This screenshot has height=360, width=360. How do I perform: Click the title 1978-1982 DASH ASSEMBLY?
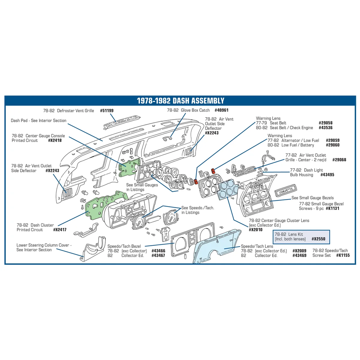click(x=180, y=100)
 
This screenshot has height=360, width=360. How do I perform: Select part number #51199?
click(x=107, y=111)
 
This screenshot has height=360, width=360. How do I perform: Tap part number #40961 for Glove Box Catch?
click(x=221, y=110)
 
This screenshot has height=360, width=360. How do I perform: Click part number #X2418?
click(x=55, y=140)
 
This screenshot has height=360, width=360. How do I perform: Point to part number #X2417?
click(x=60, y=230)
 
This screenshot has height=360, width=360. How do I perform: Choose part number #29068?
click(x=339, y=160)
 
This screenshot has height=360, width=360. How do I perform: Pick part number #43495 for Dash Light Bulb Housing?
click(x=327, y=175)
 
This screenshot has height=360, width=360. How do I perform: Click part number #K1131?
click(x=332, y=208)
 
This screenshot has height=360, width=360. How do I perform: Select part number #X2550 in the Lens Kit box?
click(x=319, y=239)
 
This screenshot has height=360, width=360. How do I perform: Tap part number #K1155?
click(x=343, y=255)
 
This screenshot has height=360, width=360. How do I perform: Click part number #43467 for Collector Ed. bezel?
click(x=158, y=256)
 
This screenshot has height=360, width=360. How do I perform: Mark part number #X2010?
click(x=256, y=230)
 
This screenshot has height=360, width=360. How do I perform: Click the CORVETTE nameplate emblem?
click(x=286, y=190)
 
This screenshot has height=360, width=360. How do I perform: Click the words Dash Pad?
click(x=18, y=121)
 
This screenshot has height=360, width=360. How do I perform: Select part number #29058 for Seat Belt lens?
click(x=325, y=123)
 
